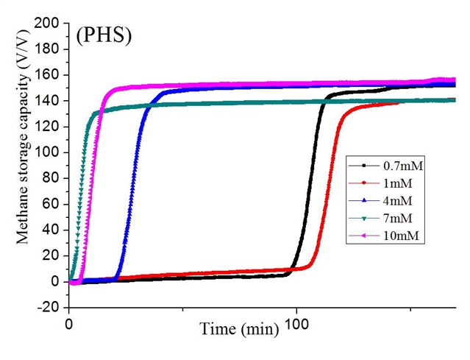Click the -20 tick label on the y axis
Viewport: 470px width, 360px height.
(x=49, y=307)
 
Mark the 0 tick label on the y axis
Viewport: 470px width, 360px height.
(x=55, y=281)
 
